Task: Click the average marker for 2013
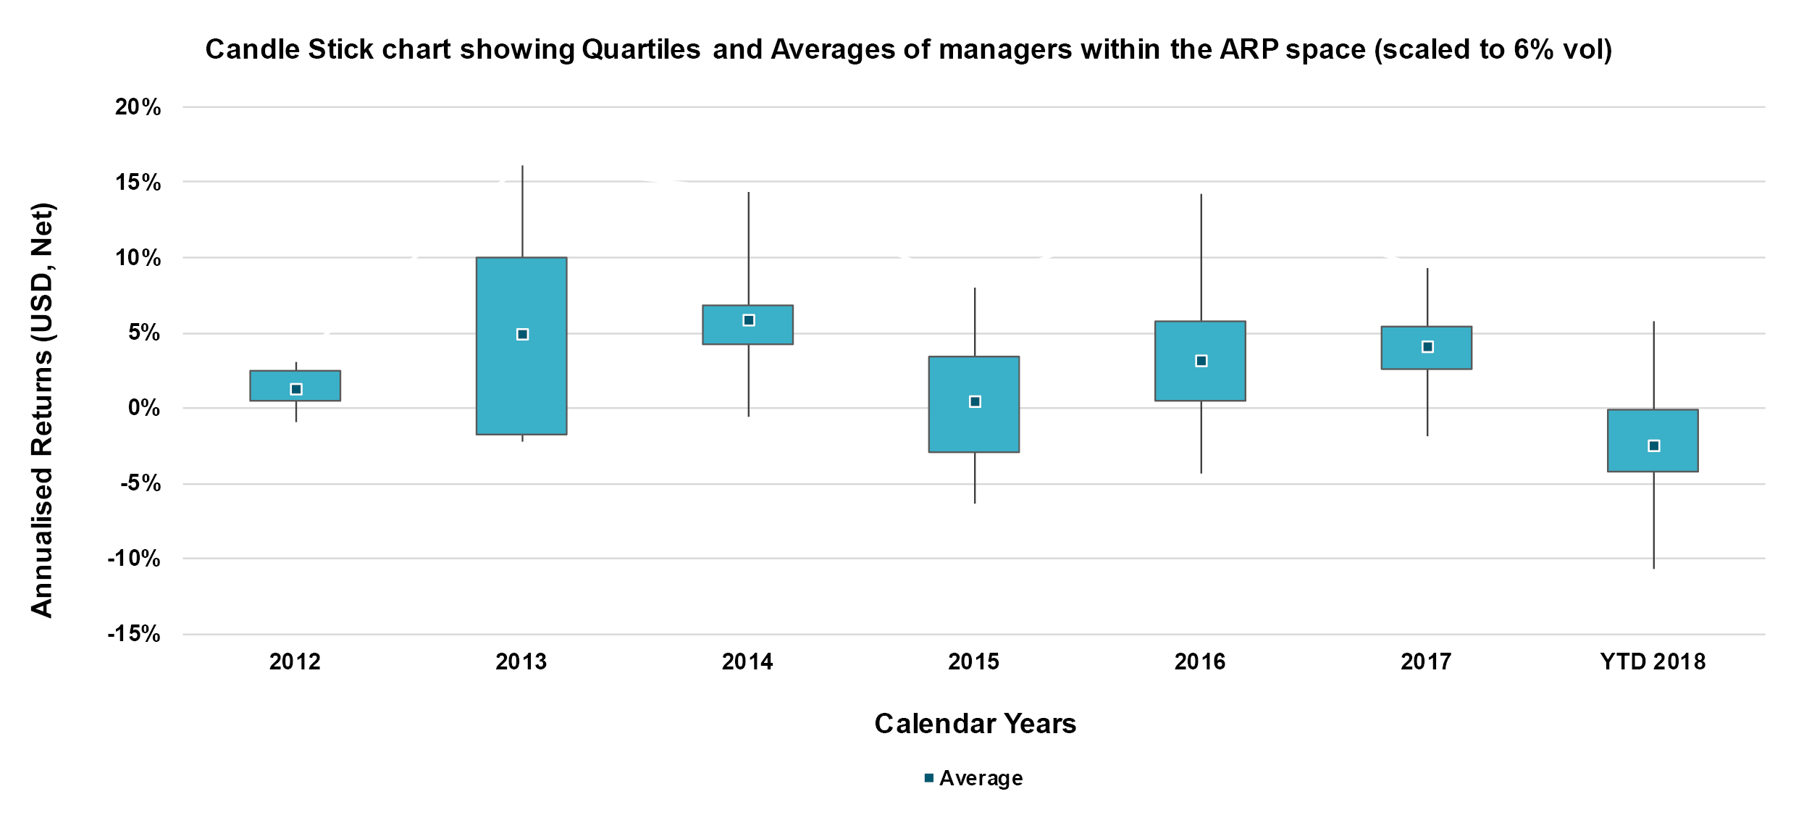(522, 334)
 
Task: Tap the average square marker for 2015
(975, 401)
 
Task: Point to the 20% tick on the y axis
(138, 107)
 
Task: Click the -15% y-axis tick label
(134, 634)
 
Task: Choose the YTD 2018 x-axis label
(1653, 661)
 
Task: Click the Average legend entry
(974, 778)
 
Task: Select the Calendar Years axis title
(975, 724)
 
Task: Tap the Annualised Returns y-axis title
(42, 410)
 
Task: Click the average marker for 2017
(1427, 347)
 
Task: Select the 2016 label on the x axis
(1200, 661)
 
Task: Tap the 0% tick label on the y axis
(143, 408)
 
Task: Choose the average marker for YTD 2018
(1653, 446)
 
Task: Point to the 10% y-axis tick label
(138, 257)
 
